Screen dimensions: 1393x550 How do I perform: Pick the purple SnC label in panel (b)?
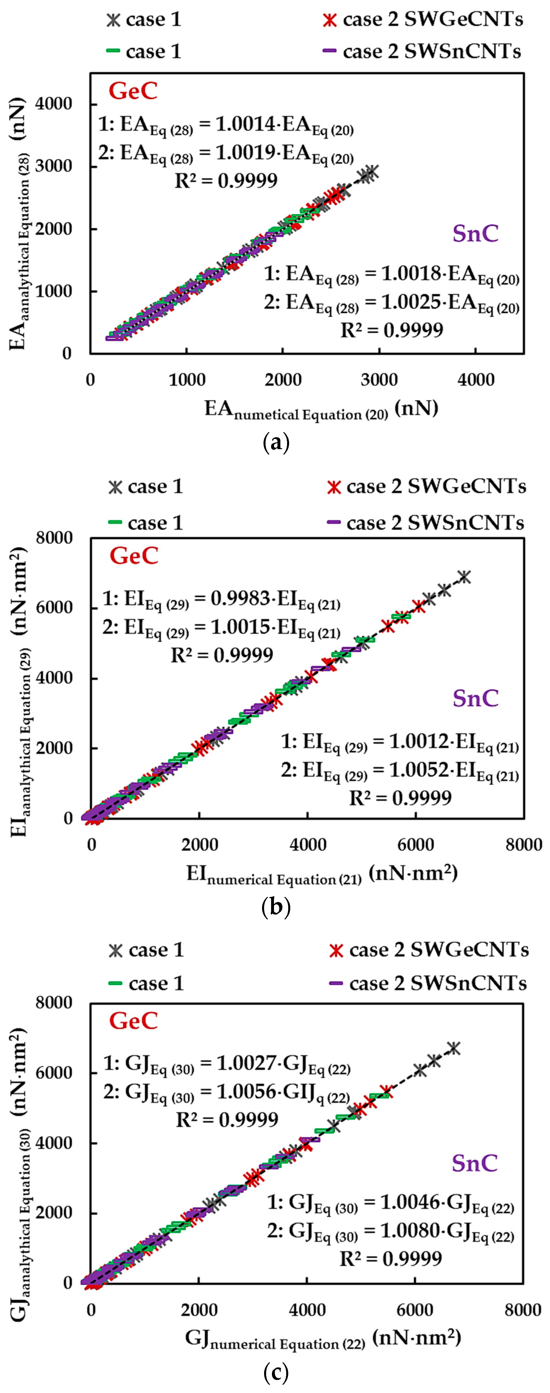[475, 698]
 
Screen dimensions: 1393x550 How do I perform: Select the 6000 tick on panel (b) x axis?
[415, 845]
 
